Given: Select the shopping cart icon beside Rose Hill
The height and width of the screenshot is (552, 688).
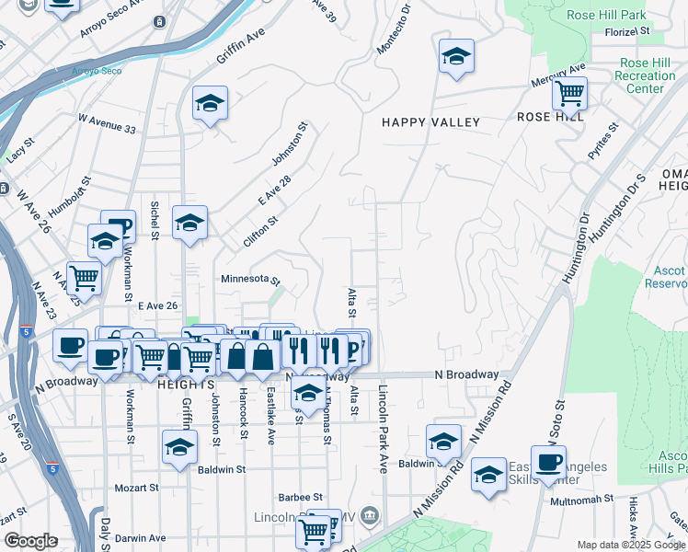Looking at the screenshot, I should pos(570,92).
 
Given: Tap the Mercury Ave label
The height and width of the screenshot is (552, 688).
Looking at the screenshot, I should pos(558,76).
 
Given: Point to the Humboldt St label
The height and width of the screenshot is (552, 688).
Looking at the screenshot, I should pos(68,197).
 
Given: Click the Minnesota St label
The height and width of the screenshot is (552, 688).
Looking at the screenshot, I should pos(249,279).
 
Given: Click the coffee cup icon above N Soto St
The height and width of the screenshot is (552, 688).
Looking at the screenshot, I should pos(548,462).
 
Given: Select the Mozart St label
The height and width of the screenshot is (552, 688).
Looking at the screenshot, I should pos(136,487).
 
